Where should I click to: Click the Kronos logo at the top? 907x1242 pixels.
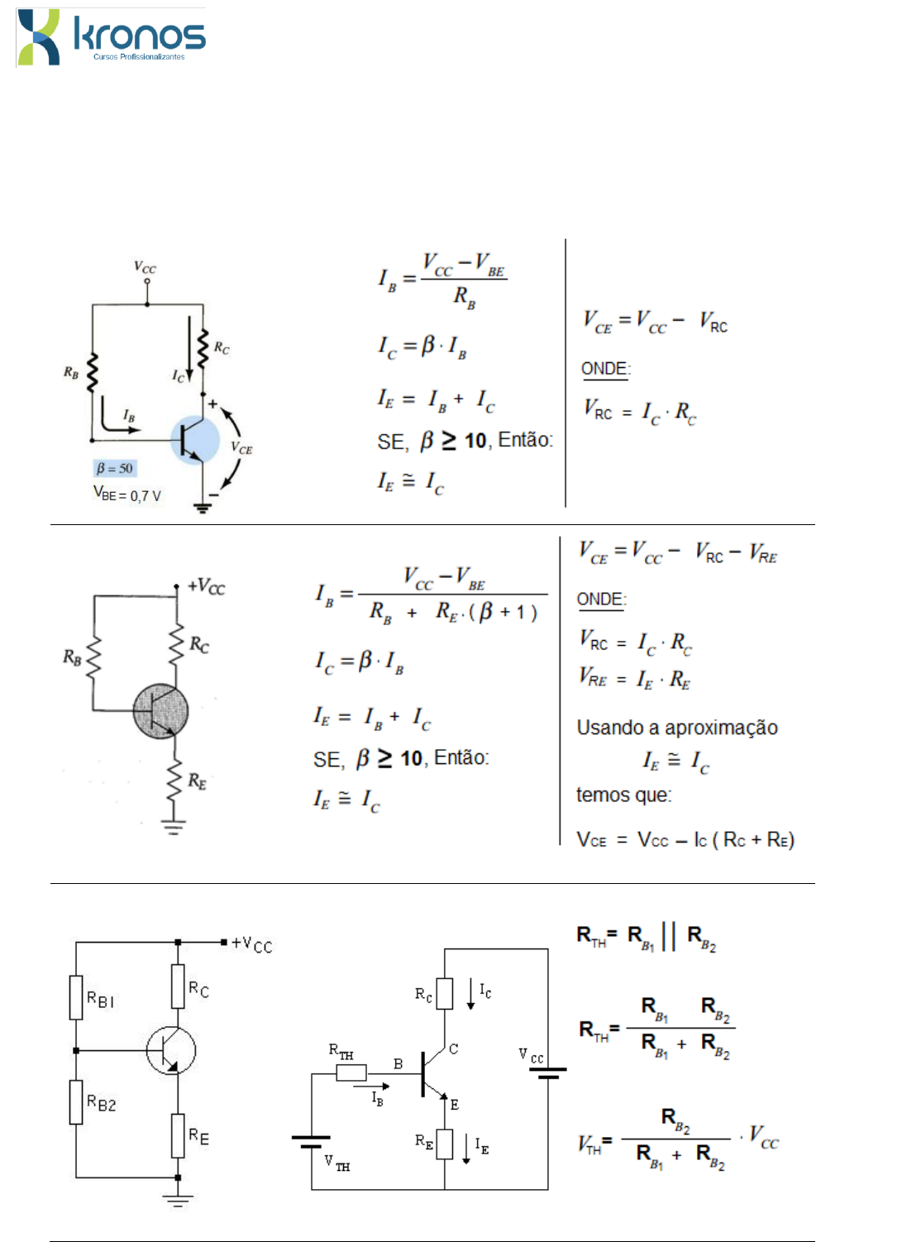pos(112,37)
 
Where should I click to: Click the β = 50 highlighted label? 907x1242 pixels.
pos(114,469)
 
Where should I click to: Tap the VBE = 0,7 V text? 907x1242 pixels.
pos(127,493)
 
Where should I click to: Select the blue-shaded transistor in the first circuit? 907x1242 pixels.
pos(194,440)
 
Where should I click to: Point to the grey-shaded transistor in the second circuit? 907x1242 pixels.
pos(160,711)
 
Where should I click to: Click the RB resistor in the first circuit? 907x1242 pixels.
pos(93,372)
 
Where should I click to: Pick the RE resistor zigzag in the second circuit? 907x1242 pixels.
pos(175,780)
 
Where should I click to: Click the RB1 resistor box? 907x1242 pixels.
pos(76,997)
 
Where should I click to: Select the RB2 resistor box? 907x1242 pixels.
pos(76,1101)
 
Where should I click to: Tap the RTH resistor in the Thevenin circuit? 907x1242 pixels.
pos(351,1072)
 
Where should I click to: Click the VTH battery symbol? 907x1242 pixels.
pos(311,1142)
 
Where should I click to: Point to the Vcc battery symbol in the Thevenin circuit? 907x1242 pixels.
pos(547,1072)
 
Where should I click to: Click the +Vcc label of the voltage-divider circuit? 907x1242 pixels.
pos(251,944)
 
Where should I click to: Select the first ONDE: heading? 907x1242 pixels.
pos(605,369)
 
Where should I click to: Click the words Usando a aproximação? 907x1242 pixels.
pos(677,727)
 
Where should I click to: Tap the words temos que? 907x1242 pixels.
pos(623,795)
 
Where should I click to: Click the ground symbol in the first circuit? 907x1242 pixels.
pos(203,508)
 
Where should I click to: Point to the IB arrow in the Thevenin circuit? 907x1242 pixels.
pos(371,1087)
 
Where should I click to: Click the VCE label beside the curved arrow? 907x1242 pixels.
pos(241,447)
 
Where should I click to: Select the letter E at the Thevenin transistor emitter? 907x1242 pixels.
pos(455,1105)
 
